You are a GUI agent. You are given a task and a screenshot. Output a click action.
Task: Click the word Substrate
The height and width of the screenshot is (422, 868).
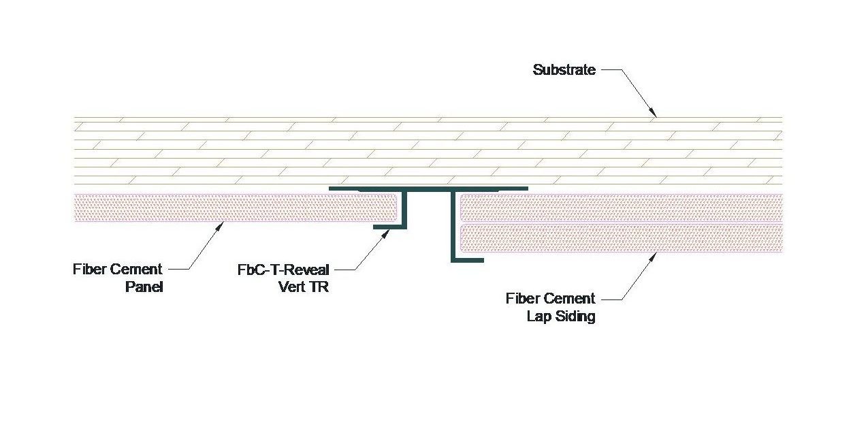click(x=564, y=69)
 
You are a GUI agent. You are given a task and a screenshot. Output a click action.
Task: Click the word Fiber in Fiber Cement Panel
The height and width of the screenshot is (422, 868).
click(x=89, y=270)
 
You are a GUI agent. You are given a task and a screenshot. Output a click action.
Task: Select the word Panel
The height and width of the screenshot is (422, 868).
click(x=144, y=287)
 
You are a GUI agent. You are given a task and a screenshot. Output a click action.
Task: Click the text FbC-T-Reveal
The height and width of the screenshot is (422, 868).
click(x=283, y=270)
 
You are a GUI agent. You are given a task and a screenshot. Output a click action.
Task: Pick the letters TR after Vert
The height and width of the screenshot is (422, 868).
click(x=320, y=287)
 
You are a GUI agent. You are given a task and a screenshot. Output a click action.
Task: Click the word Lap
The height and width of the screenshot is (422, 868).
click(x=541, y=316)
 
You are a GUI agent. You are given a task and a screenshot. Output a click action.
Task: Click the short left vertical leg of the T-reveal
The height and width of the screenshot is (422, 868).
click(x=404, y=208)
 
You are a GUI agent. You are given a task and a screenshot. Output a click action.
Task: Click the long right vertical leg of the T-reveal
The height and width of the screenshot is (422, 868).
click(x=452, y=225)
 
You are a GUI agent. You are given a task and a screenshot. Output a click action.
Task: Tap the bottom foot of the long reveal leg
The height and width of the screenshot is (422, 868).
click(x=468, y=260)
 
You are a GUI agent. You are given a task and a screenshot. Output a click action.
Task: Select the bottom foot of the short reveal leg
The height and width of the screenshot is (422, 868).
click(x=390, y=227)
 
